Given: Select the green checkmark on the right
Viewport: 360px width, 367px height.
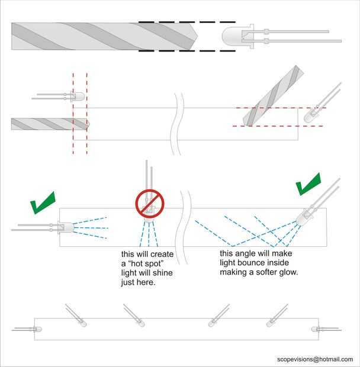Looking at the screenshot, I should [308, 184].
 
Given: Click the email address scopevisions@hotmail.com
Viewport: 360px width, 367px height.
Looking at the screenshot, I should [314, 359].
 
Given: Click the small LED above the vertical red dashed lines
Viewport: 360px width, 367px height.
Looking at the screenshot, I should [77, 95].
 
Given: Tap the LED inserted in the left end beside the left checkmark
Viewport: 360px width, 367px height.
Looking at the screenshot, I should [65, 227].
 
